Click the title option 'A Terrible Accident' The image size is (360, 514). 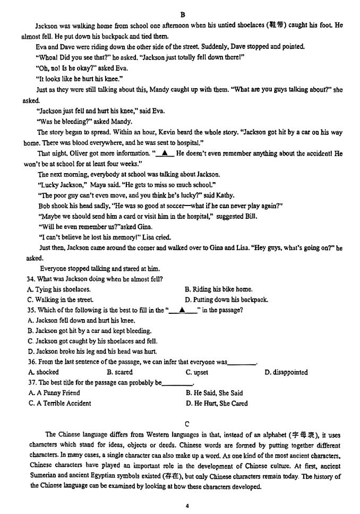point(59,403)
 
